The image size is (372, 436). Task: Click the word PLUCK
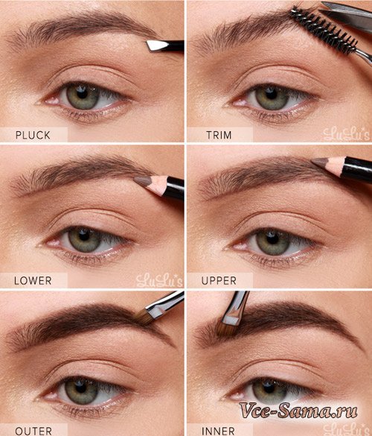point(33,135)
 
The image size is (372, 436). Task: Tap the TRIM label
point(219,135)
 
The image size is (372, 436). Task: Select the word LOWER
point(33,280)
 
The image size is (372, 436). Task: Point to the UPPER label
point(219,280)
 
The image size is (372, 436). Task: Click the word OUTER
point(33,432)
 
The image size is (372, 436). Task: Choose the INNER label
point(218,432)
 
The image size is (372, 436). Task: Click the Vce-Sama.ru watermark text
point(298,410)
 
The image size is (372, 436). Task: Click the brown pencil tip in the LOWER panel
point(142,181)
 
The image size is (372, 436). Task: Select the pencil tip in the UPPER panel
point(320,163)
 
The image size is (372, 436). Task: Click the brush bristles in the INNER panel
point(226,328)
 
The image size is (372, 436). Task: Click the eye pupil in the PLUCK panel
point(82,92)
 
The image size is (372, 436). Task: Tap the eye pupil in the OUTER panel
point(81,387)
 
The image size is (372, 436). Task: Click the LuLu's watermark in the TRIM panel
point(347,134)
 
